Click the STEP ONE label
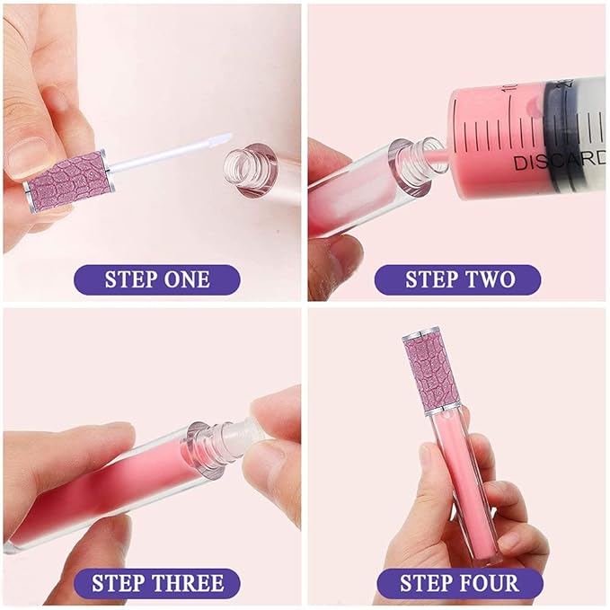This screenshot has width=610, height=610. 156,278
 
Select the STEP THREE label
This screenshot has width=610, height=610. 156,583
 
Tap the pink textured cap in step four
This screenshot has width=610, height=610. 434,368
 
